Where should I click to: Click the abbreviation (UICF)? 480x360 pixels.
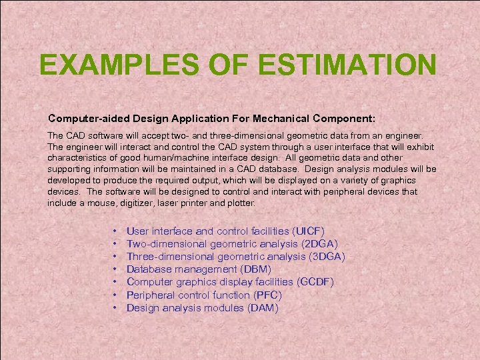308,231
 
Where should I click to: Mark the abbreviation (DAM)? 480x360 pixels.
263,307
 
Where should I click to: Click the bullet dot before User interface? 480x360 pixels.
116,231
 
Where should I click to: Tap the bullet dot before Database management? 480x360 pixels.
116,269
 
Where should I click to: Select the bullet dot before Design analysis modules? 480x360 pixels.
116,307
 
